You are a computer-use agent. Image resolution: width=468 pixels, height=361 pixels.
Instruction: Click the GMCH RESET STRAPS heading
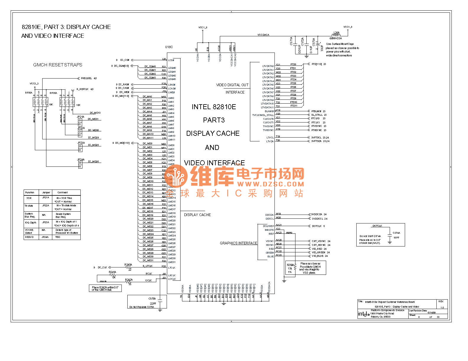pos(58,65)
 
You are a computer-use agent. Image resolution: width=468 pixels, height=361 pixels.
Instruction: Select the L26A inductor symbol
pos(336,35)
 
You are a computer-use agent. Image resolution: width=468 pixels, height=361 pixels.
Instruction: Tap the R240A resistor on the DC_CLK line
pos(129,268)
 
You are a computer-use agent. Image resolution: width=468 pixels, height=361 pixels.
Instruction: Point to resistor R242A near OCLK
pos(129,282)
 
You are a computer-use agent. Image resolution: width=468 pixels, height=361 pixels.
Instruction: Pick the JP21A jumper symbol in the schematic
pos(80,122)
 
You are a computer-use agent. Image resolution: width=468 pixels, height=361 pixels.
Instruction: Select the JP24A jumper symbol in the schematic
pos(80,165)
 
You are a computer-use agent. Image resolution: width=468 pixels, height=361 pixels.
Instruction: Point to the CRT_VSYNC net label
pos(319,241)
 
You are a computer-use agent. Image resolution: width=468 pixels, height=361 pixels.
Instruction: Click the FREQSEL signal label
pos(86,79)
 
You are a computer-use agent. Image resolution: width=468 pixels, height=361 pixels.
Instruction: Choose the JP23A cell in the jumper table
pos(45,223)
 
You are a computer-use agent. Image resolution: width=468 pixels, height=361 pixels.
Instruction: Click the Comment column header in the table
pos(63,192)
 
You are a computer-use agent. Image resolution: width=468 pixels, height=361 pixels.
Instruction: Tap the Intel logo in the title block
pos(364,314)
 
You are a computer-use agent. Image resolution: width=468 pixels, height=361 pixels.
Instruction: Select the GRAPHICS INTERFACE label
pos(238,243)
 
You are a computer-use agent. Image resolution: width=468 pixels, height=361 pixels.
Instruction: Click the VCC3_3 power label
pos(34,84)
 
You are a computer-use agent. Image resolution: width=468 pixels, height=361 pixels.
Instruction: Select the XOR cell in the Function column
pos(29,198)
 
